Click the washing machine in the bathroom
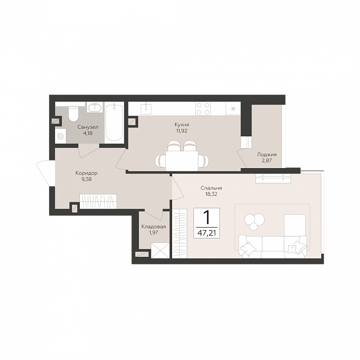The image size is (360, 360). [x=60, y=136]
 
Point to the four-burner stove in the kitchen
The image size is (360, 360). [x=203, y=109]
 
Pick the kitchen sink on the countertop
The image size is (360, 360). [x=146, y=108]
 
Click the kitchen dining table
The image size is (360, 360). [x=181, y=161]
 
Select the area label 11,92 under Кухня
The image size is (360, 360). [x=181, y=131]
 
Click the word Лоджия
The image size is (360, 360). [x=267, y=155]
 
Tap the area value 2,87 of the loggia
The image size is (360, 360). [x=267, y=161]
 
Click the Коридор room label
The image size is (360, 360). [x=86, y=173]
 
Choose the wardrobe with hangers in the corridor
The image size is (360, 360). [x=98, y=201]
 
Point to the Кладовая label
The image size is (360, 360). [x=153, y=227]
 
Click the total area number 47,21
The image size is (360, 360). [x=207, y=234]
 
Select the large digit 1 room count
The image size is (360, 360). [x=207, y=217]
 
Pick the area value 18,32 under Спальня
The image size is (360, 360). [x=211, y=194]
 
